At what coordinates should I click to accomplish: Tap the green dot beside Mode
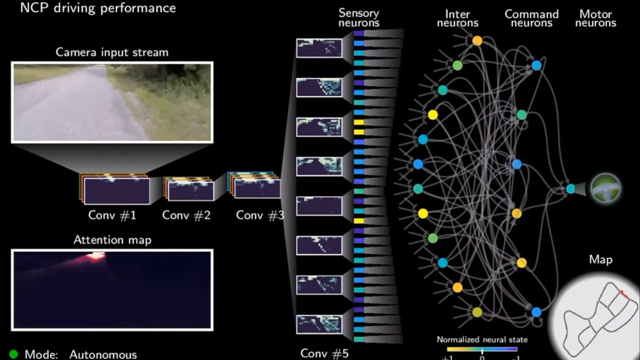14,354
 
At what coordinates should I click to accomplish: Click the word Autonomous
103,355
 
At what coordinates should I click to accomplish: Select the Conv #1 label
113,215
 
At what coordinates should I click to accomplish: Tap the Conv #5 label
324,353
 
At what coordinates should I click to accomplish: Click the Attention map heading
113,240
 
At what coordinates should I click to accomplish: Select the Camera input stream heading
112,52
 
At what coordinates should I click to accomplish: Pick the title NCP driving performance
98,8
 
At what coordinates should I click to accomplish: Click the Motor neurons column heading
596,18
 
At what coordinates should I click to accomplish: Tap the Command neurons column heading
532,18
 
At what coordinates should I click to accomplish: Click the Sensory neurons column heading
359,18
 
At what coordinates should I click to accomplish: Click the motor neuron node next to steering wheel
571,188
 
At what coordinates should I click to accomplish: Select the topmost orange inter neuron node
477,41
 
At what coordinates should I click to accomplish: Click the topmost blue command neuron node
537,66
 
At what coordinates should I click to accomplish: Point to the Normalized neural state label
482,339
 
